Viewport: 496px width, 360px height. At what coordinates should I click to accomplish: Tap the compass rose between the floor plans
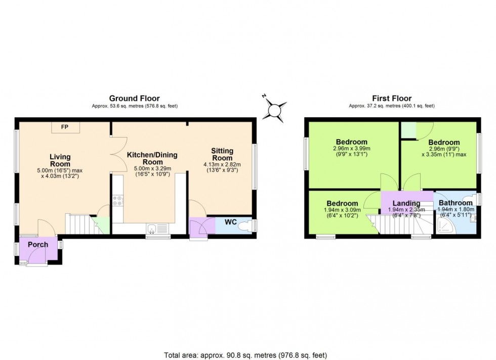[x=276, y=108]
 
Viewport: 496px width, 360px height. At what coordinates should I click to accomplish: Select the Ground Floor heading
[x=135, y=99]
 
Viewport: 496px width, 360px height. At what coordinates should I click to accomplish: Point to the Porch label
[x=38, y=245]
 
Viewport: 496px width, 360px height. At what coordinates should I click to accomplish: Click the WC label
[x=231, y=221]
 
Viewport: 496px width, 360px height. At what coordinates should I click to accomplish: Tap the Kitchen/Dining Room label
[x=152, y=159]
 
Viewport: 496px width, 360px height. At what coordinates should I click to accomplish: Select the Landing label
[x=407, y=204]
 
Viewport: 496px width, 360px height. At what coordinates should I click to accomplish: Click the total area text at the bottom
[x=248, y=354]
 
